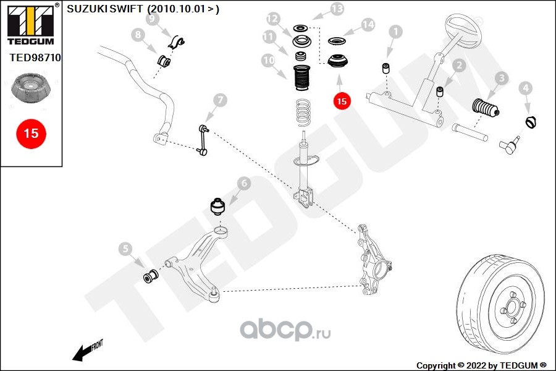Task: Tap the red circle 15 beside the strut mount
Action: click(x=342, y=100)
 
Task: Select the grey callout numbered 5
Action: click(x=126, y=249)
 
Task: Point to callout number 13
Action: click(x=337, y=9)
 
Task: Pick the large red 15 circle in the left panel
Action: click(x=31, y=133)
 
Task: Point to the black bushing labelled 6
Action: click(x=219, y=205)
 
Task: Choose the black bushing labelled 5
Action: click(x=150, y=275)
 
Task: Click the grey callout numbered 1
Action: click(x=396, y=32)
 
